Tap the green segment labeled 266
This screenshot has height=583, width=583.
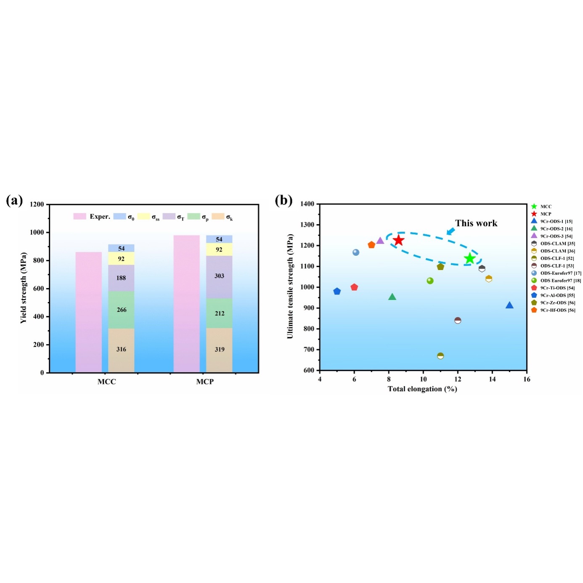[x=121, y=310]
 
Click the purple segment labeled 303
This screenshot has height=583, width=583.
[x=219, y=276]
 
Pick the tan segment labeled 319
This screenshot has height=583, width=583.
[x=219, y=350]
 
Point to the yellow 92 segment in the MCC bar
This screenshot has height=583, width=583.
[x=121, y=259]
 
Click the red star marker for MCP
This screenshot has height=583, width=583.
[x=398, y=240]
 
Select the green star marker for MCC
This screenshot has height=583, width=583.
[x=470, y=259]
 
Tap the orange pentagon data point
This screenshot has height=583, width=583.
[x=371, y=245]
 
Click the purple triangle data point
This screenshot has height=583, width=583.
[x=380, y=241]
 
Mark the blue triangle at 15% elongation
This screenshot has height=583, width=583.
[x=509, y=305]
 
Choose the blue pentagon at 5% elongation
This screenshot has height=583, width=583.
[x=337, y=291]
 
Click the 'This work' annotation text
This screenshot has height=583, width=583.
[x=476, y=223]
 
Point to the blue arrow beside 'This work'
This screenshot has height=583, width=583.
[x=450, y=231]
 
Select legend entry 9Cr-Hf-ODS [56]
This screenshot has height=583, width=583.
[x=557, y=310]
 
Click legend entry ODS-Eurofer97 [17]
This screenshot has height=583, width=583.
[x=560, y=273]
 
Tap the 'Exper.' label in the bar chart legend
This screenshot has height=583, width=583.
[x=100, y=217]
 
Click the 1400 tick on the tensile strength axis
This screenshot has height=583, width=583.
[x=307, y=204]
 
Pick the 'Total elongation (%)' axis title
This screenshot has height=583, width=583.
[x=422, y=389]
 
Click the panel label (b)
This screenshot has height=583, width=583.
[x=284, y=200]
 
